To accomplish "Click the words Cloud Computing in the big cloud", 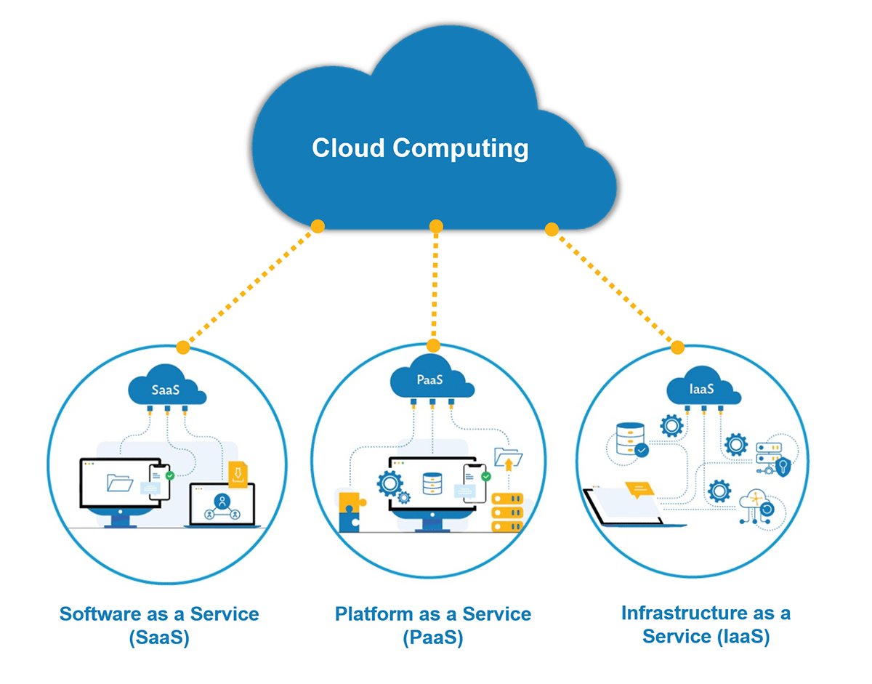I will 420,148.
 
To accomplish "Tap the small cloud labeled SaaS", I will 166,390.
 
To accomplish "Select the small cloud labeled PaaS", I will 430,379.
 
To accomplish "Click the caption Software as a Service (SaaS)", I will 159,625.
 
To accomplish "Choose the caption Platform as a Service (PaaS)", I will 433,625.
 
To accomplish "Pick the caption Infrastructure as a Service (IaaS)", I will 706,624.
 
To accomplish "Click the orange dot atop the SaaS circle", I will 183,348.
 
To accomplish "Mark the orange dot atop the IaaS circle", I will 677,347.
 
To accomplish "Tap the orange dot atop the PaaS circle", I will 434,345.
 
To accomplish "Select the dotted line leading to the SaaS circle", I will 251,287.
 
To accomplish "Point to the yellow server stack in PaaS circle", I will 507,513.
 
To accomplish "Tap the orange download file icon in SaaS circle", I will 238,474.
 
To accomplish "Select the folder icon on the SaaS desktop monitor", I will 119,483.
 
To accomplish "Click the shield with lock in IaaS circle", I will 783,466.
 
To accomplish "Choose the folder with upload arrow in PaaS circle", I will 508,459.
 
